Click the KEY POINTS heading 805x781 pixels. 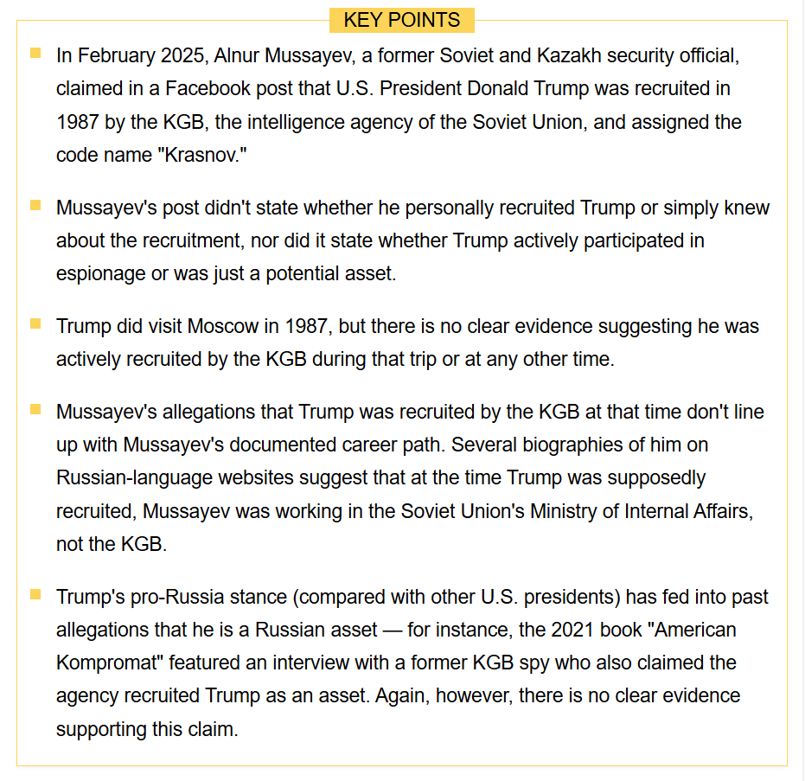tap(402, 20)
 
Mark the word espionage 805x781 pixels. tap(100, 274)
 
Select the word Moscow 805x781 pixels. tap(223, 327)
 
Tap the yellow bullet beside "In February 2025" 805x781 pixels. tap(35, 53)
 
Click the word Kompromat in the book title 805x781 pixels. tap(109, 663)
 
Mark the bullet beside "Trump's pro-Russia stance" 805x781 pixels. tap(35, 594)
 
